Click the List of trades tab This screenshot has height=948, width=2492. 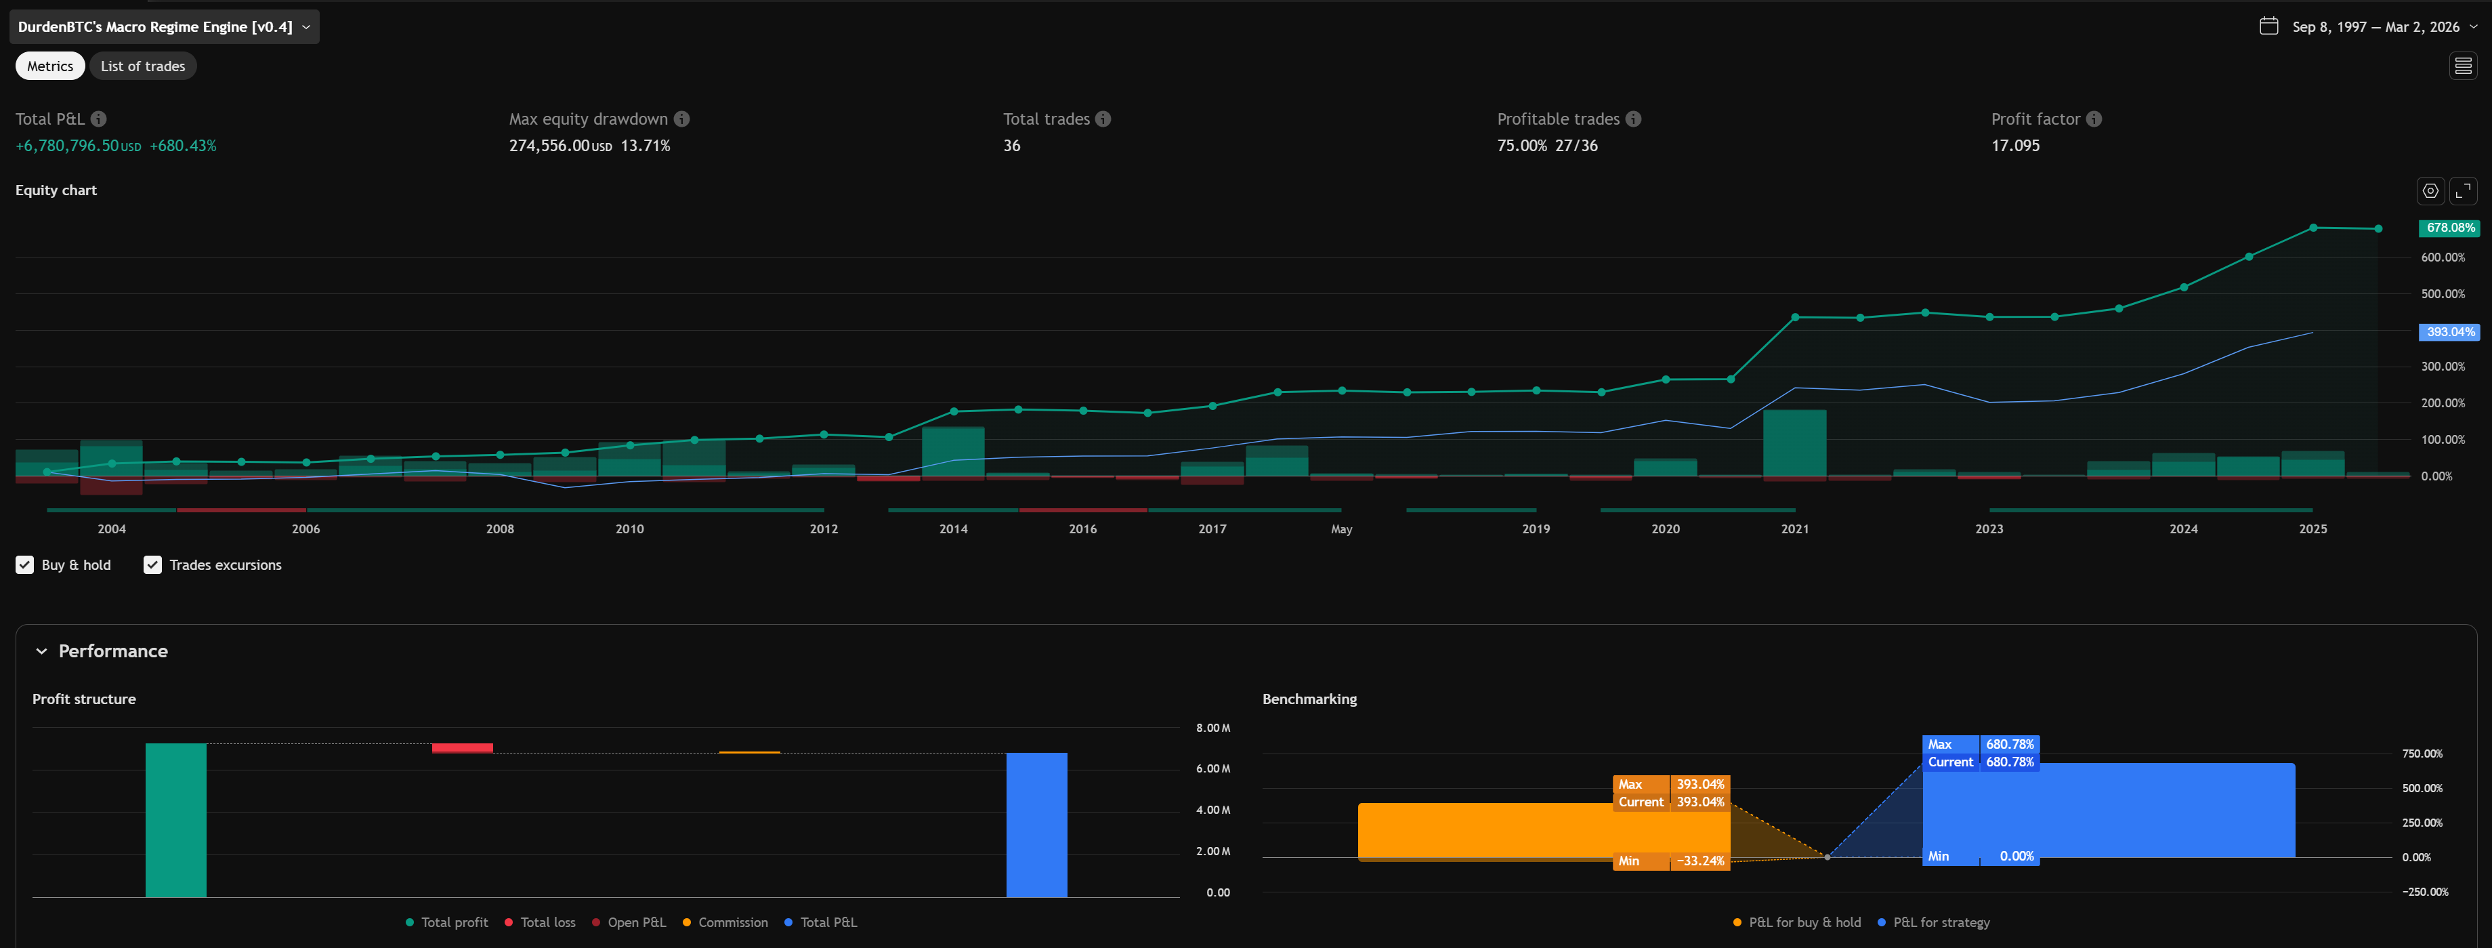point(142,66)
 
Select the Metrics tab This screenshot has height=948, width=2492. point(49,66)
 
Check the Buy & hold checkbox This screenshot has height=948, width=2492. point(25,565)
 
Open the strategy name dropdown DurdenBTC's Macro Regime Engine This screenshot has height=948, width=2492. point(163,27)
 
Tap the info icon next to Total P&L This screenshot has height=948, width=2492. point(99,119)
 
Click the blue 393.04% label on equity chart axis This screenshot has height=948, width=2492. point(2449,332)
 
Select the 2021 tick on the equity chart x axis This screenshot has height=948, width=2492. point(1794,529)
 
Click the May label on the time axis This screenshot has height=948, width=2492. point(1340,529)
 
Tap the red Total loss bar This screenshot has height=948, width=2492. point(461,747)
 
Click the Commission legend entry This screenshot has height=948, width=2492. point(725,922)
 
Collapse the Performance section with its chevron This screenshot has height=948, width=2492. point(41,651)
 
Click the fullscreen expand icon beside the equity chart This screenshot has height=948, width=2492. point(2463,190)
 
